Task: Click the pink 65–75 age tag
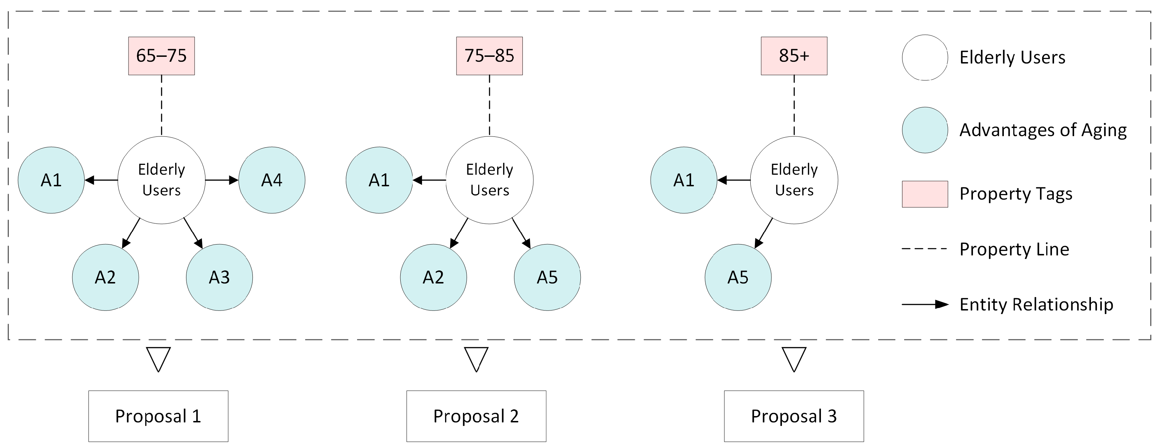tap(162, 56)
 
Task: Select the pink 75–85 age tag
tap(489, 56)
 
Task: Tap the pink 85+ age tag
tap(794, 56)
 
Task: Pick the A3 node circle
tap(219, 277)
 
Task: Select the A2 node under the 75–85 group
tap(433, 277)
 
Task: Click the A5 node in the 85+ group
tap(738, 277)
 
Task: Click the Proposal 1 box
tap(158, 416)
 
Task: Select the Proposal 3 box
tap(794, 416)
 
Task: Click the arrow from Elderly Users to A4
tap(222, 180)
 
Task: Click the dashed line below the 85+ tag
tap(794, 105)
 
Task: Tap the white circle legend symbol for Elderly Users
tap(925, 58)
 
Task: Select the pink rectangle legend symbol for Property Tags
tap(925, 194)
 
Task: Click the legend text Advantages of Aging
tap(1043, 130)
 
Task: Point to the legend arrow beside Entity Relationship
tap(925, 305)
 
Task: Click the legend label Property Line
tap(1014, 249)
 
